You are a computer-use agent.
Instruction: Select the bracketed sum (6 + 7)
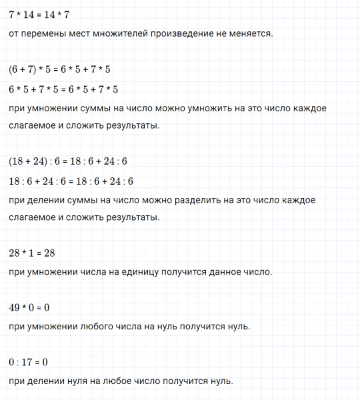(x=25, y=69)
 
